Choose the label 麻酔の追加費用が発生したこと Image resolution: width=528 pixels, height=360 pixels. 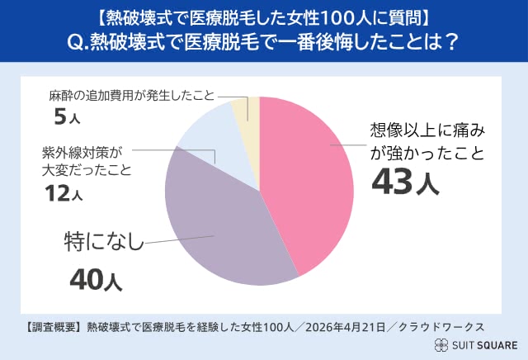point(119,94)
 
